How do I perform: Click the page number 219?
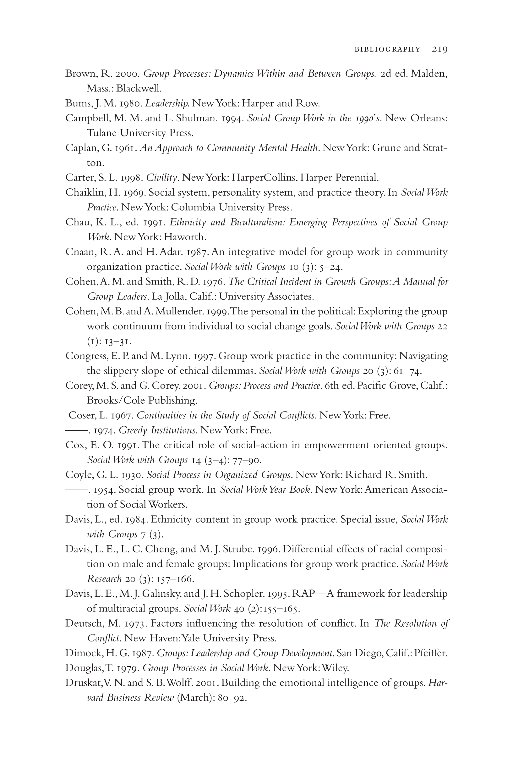coord(439,49)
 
